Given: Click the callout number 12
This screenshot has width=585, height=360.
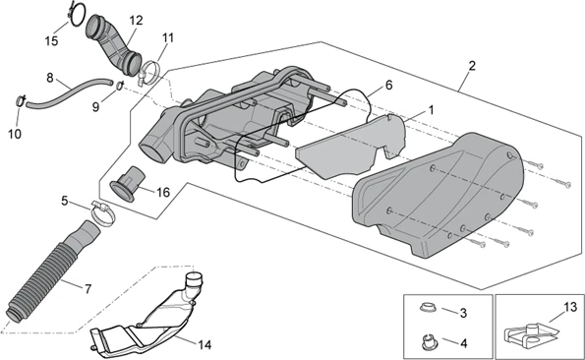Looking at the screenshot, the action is point(137,20).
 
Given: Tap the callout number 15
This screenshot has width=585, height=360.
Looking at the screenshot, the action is point(51,41).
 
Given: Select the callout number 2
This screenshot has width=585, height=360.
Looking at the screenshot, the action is point(472,66).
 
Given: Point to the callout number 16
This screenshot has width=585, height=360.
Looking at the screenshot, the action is point(163,193).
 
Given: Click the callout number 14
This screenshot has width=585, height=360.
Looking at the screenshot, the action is point(205,345).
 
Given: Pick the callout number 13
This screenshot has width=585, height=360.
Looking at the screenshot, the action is point(570,308).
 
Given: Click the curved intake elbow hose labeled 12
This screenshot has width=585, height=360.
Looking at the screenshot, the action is point(114,43).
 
